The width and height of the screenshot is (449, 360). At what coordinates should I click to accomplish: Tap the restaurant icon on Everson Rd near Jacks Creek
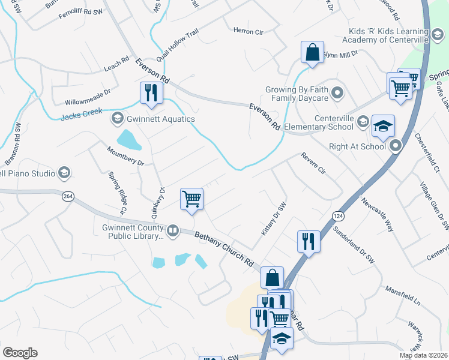[149, 92]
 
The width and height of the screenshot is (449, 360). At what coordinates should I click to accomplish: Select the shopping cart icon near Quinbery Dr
[191, 199]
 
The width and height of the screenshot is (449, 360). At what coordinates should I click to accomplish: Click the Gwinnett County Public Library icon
[173, 230]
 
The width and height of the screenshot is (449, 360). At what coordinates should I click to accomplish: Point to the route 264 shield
[67, 196]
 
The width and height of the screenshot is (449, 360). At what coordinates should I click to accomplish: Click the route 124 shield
[336, 214]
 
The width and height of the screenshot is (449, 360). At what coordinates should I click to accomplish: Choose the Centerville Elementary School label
[318, 122]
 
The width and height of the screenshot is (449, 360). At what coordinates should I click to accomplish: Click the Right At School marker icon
[396, 146]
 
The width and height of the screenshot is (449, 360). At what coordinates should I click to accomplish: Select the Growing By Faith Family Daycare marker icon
[337, 94]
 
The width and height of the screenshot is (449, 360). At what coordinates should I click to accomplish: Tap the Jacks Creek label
[82, 113]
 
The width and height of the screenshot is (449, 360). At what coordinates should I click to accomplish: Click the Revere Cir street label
[313, 164]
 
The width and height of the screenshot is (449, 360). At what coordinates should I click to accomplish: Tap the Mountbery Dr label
[125, 155]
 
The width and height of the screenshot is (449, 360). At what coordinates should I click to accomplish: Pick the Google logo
[20, 353]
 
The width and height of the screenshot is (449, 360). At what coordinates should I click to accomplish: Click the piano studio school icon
[64, 173]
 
